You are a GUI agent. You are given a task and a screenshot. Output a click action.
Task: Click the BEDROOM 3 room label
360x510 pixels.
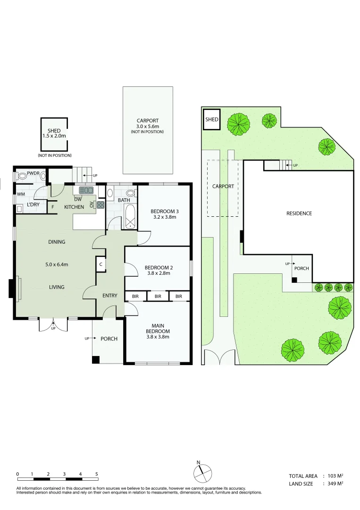coord(164,212)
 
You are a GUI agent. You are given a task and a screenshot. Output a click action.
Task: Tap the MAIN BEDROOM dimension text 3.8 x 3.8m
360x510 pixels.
coord(158,337)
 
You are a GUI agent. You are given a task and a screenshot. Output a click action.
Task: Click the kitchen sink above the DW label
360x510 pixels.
coord(86,190)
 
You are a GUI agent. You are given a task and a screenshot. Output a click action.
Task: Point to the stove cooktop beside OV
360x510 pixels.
coord(100,205)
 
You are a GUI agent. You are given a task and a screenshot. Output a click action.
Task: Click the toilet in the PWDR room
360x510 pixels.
coord(22,176)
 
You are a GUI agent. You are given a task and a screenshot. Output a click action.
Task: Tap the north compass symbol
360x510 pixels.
coord(202,473)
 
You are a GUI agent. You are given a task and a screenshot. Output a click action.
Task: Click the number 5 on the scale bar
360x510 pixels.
coord(97,474)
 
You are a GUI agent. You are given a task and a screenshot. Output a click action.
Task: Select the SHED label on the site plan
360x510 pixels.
coord(211,119)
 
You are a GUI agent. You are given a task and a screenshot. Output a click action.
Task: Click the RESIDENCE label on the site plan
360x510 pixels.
coord(299,213)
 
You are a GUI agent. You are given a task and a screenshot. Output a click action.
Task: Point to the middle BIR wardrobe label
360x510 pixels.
coord(158,296)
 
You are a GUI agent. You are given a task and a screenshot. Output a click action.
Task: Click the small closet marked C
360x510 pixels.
coord(100,264)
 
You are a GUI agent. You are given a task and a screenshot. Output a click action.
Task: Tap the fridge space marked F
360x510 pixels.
coord(53,207)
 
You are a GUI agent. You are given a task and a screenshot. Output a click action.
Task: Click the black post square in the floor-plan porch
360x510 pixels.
coord(95,360)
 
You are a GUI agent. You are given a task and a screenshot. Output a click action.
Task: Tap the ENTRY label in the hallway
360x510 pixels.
coord(109,295)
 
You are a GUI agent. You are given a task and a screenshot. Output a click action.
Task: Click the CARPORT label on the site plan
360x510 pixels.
coord(223,186)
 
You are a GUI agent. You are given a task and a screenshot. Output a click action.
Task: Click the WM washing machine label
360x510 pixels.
coord(21,194)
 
